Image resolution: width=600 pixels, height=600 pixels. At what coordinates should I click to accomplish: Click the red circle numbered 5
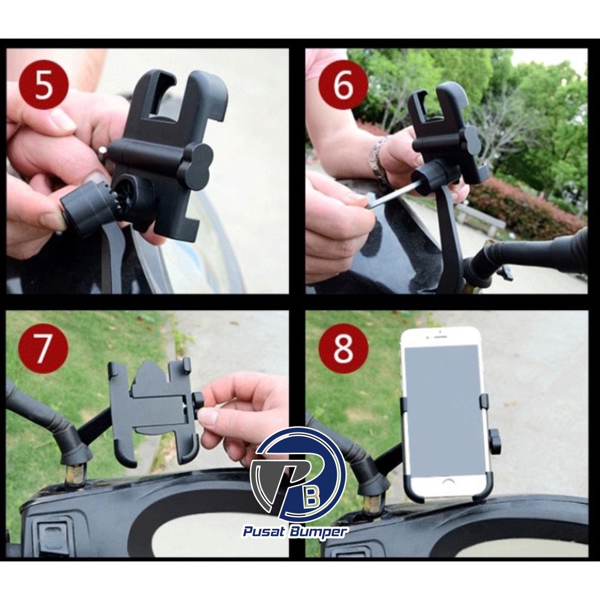coord(43,84)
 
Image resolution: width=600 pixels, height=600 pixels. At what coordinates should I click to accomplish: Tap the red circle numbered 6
coord(343,85)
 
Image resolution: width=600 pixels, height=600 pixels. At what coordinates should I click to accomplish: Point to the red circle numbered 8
coord(343,348)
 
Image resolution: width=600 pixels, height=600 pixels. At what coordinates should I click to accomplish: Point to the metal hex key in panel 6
coord(391,195)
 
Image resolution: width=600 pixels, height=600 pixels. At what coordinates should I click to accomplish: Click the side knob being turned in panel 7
coord(198,405)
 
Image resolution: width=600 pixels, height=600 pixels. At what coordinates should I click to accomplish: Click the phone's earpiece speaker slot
coord(439,337)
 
